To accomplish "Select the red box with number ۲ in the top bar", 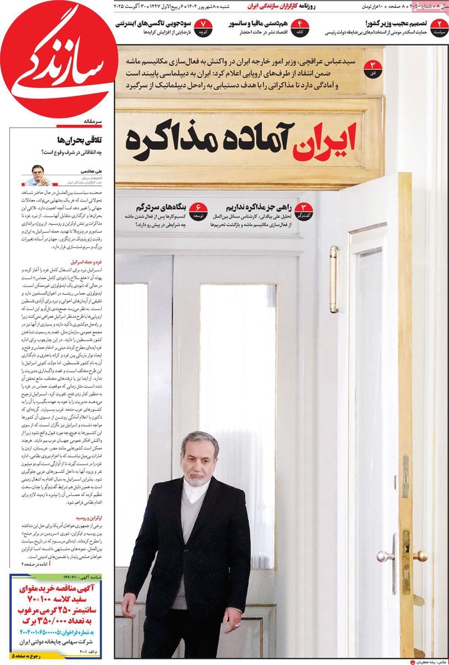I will (x=438, y=27).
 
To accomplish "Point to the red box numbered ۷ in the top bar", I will (x=204, y=27).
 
